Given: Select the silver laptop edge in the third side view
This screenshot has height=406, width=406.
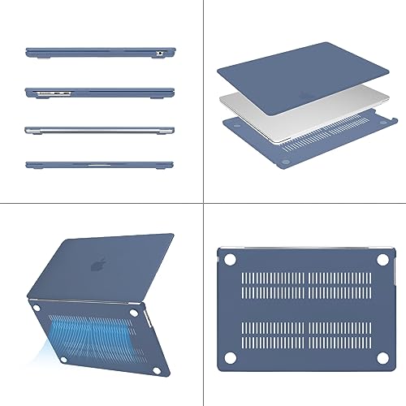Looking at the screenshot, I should tap(101, 129).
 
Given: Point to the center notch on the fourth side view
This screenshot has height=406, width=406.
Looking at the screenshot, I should tap(101, 163).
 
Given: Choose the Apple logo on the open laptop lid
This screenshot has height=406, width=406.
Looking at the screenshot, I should tap(100, 266).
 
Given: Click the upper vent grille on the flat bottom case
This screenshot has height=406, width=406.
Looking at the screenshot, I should tap(304, 284).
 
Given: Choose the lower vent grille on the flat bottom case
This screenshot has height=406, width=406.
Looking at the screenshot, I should tap(304, 334).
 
